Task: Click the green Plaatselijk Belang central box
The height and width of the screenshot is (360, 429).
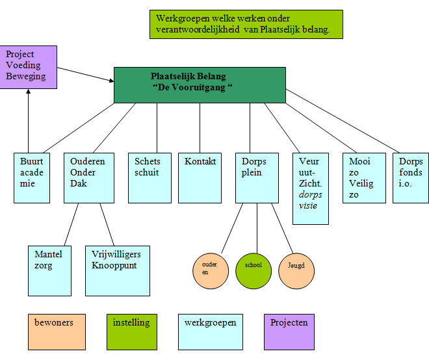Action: coord(200,84)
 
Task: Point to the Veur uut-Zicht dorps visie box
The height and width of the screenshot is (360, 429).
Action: coord(311,188)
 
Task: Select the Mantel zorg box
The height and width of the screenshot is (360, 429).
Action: coord(49,270)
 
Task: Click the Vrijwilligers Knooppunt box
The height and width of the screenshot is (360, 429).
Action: coord(118,270)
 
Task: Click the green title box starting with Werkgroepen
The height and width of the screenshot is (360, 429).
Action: coord(246,24)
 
